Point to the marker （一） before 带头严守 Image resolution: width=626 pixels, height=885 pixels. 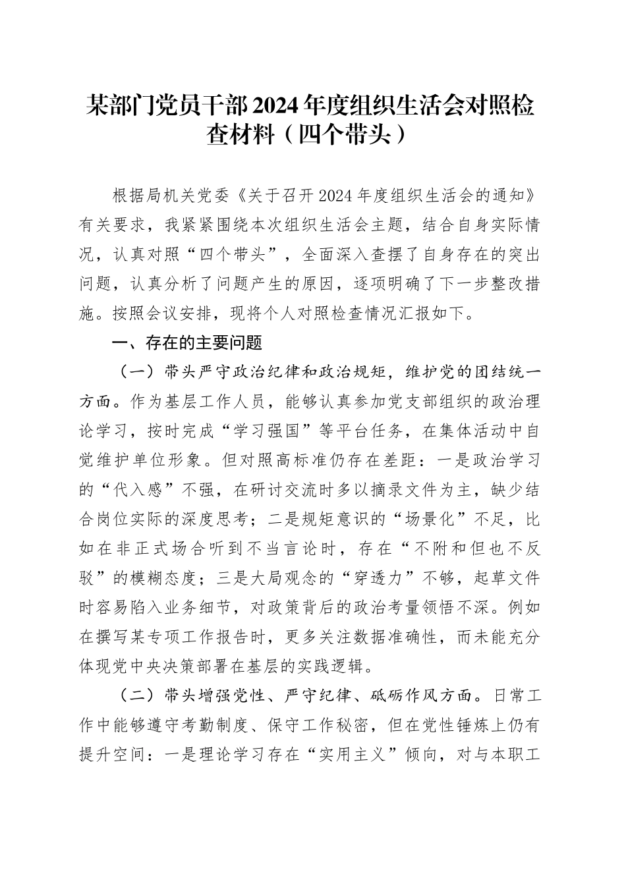134,372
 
